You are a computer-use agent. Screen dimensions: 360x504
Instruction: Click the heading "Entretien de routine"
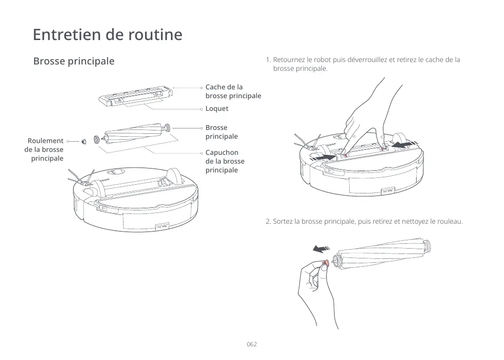pyautogui.click(x=107, y=35)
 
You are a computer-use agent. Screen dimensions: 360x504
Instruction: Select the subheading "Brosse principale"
pyautogui.click(x=74, y=62)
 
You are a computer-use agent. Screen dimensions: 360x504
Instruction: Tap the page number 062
pyautogui.click(x=252, y=344)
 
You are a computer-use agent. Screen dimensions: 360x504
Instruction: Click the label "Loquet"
pyautogui.click(x=217, y=108)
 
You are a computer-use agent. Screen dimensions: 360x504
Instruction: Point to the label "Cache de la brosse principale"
pyautogui.click(x=233, y=91)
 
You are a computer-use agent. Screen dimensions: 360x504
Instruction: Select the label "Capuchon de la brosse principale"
pyautogui.click(x=225, y=161)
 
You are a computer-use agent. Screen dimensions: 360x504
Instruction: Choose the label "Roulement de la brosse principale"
pyautogui.click(x=44, y=149)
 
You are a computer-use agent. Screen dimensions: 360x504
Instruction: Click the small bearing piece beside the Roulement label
pyautogui.click(x=84, y=141)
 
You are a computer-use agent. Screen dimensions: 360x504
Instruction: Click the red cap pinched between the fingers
pyautogui.click(x=326, y=264)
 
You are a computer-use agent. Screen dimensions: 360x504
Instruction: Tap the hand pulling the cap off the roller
pyautogui.click(x=313, y=288)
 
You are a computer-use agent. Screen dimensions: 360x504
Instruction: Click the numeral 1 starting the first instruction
pyautogui.click(x=268, y=60)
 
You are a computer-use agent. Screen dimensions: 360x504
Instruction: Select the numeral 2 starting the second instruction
pyautogui.click(x=268, y=222)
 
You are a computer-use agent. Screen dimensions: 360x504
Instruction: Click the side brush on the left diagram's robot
pyautogui.click(x=81, y=178)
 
